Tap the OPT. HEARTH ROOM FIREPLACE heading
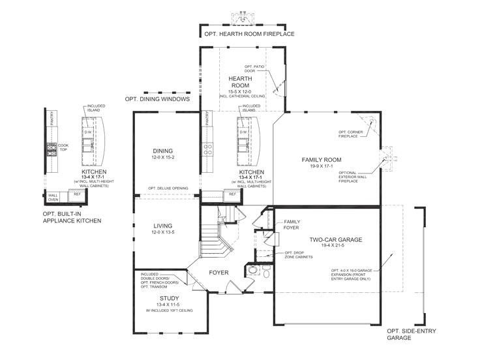[x=250, y=33]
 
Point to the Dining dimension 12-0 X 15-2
[x=162, y=157]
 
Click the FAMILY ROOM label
[x=321, y=160]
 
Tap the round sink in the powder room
[x=252, y=269]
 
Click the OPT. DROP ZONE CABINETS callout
[x=299, y=255]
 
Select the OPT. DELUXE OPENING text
[x=168, y=188]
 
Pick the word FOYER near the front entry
[x=218, y=272]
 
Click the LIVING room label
[x=162, y=226]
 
